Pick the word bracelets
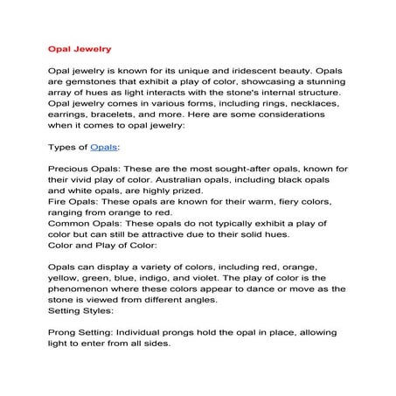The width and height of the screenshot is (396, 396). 124,113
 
